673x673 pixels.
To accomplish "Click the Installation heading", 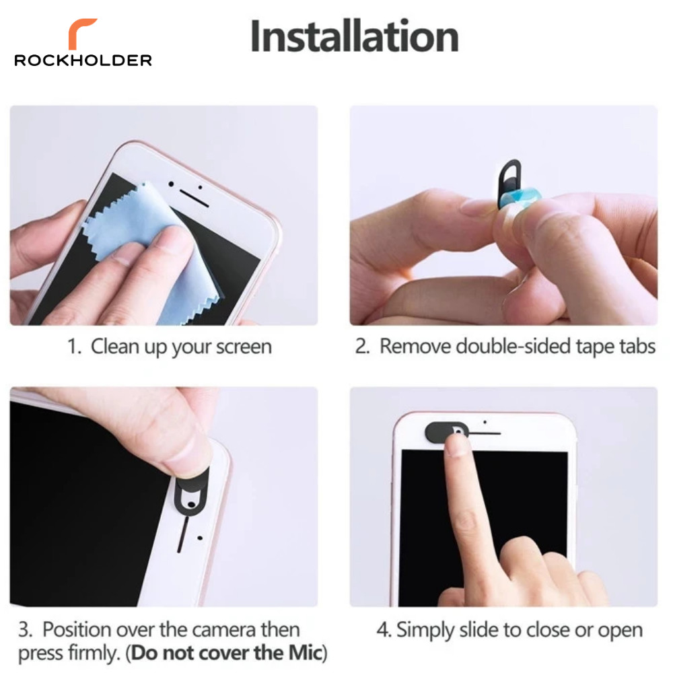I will [354, 36].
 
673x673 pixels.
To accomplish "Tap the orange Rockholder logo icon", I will [83, 33].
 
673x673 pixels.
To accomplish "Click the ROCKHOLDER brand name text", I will [83, 61].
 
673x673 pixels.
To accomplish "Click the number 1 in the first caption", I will [73, 347].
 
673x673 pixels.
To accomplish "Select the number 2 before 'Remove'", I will [362, 347].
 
